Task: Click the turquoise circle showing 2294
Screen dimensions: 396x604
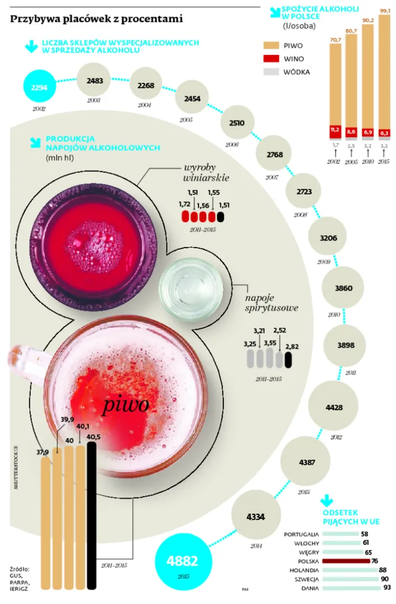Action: click(x=40, y=87)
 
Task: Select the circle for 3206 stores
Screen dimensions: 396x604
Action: click(x=328, y=237)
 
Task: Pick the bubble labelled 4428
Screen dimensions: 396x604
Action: click(x=334, y=407)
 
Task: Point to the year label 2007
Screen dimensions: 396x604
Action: click(x=271, y=177)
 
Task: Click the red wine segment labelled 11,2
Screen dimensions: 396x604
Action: click(x=335, y=131)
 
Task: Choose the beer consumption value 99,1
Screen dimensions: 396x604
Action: click(x=385, y=11)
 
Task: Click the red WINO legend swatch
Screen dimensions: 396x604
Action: click(x=271, y=58)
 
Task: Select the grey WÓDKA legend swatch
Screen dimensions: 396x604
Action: click(x=271, y=72)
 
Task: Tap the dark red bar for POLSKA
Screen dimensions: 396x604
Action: click(x=346, y=561)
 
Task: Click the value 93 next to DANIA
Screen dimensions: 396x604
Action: click(x=387, y=588)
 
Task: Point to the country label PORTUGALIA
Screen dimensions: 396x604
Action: click(x=301, y=534)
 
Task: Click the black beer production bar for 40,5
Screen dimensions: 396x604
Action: click(x=91, y=515)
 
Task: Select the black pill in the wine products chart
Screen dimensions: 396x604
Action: click(x=220, y=217)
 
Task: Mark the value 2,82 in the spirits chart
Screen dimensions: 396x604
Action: click(x=292, y=346)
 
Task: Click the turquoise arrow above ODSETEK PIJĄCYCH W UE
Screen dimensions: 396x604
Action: click(x=327, y=500)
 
